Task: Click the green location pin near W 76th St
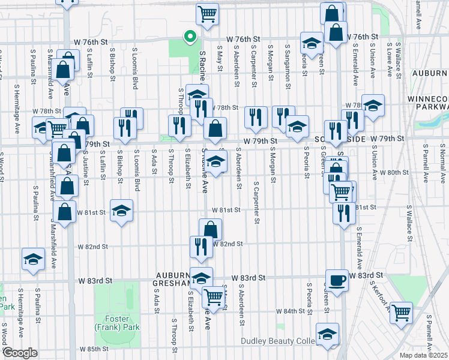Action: point(190,37)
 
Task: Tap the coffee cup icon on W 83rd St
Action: point(336,280)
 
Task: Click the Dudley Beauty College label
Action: point(278,341)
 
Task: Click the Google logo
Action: point(20,353)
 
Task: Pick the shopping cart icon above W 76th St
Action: point(207,13)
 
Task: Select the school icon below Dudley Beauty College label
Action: point(327,334)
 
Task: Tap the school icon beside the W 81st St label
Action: point(122,210)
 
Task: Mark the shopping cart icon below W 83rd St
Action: point(213,295)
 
